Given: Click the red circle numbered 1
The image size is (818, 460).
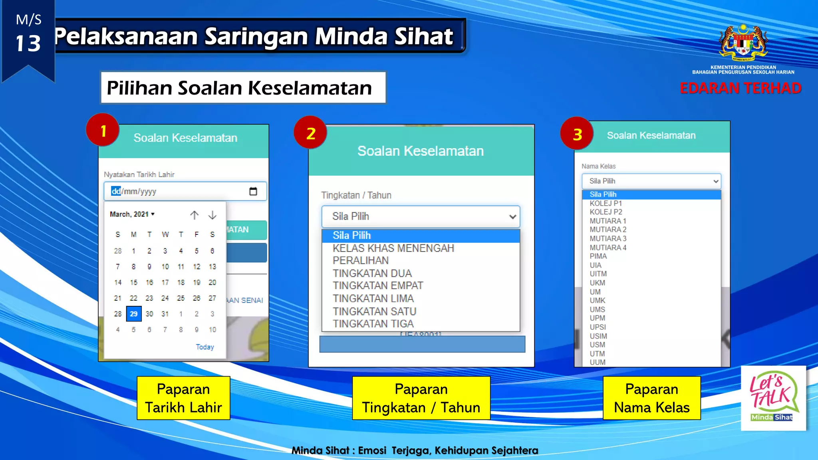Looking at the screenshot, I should point(103,130).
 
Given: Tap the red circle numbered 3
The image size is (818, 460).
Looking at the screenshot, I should point(577,134).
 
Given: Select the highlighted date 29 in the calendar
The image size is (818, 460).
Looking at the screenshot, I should point(133,314).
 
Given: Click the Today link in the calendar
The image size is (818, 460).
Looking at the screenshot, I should point(204,347).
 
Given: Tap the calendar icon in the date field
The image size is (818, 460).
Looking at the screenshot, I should point(253,191).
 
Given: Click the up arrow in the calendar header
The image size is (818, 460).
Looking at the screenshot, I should point(194,215).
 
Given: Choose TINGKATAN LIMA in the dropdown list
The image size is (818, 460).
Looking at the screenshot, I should point(373,298).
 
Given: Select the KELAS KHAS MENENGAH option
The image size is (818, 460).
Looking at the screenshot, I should point(393,248).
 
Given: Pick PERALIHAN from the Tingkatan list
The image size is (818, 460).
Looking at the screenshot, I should point(360,260).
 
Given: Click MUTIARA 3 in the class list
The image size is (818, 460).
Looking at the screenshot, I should point(608,238).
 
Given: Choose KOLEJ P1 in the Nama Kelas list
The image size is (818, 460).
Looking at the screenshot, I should point(606,203).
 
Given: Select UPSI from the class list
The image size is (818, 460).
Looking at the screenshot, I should point(598,327).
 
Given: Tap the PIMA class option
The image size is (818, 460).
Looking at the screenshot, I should point(598,256).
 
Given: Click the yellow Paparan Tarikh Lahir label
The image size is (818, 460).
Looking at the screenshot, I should point(183,398).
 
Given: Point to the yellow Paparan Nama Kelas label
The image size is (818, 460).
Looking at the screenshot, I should point(651,398).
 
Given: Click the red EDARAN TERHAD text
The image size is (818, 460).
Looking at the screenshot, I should point(740,88).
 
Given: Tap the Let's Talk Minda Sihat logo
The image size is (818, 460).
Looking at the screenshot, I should point(773,398).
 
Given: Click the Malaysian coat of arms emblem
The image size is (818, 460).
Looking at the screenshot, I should point(743,42).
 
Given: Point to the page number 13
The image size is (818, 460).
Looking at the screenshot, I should point(28,43).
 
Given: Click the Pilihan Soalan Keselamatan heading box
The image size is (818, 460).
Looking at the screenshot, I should point(243,87).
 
